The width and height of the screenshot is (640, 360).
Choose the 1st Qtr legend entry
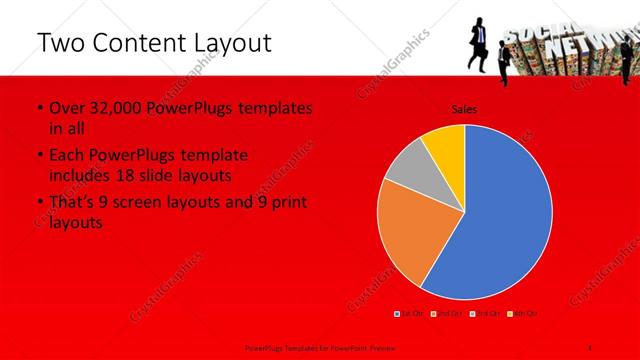(x=411, y=313)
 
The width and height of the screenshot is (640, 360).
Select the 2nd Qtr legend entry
(x=447, y=313)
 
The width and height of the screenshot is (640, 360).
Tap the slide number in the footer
(x=589, y=346)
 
